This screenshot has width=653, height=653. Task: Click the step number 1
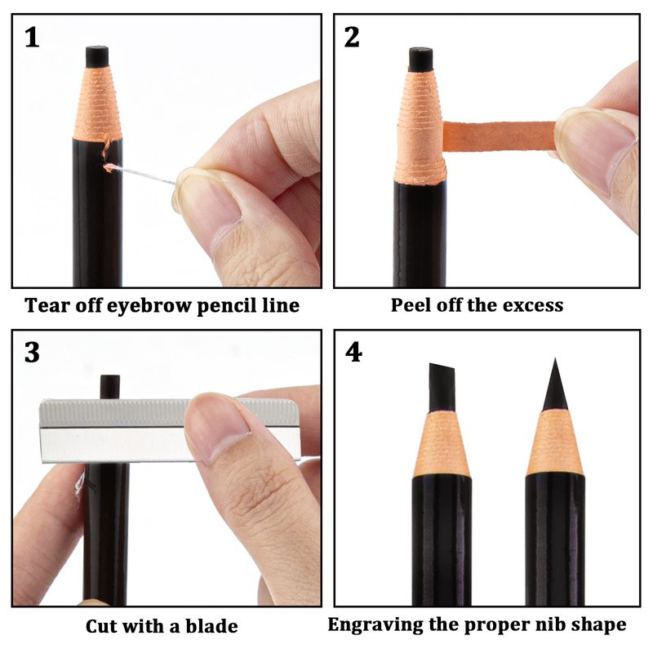pos(32,38)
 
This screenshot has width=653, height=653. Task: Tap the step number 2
pos(352,38)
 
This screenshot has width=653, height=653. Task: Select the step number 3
pos(32,353)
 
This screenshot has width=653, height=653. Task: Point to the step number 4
pos(353,353)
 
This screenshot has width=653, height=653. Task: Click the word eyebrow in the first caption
pos(149,306)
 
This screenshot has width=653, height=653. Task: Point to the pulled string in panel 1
pos(140,175)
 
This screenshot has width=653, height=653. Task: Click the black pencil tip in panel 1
pos(97,56)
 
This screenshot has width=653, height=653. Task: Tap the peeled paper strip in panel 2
pos(499,136)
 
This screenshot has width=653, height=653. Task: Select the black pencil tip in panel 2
pos(420,60)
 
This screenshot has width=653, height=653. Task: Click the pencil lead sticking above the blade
pos(110,387)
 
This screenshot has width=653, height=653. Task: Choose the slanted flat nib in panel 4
pos(442,386)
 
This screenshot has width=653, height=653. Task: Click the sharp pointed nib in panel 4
pos(555,385)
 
